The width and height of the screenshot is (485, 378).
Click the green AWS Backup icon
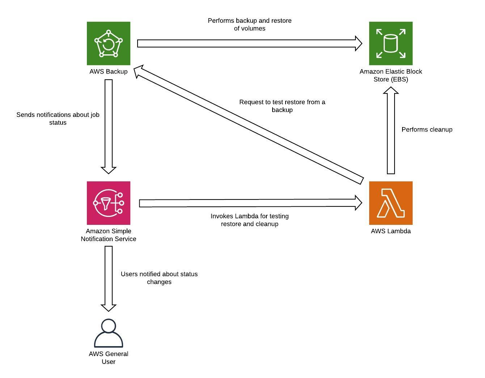tap(109, 43)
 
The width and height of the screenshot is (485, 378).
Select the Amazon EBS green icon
tap(391, 43)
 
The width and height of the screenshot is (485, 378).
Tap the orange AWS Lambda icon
tap(391, 203)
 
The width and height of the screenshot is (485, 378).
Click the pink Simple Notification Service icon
tap(109, 203)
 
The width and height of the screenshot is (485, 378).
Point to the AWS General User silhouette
tap(109, 333)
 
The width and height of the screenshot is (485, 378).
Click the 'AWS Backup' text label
tap(109, 72)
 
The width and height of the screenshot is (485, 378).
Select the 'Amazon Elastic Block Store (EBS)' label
tap(391, 75)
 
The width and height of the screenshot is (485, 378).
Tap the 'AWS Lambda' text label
tap(391, 231)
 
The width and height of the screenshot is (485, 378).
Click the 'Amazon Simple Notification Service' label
tap(109, 235)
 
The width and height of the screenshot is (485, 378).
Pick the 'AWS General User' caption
tap(109, 358)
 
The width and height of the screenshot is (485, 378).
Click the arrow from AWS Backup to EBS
tap(249, 43)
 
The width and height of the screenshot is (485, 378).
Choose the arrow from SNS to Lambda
tap(250, 203)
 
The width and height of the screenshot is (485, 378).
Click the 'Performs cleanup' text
tap(427, 130)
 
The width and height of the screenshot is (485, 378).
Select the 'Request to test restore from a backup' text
tap(282, 106)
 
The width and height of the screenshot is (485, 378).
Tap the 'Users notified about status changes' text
tap(159, 278)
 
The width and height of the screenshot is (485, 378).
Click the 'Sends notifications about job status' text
tap(58, 119)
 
